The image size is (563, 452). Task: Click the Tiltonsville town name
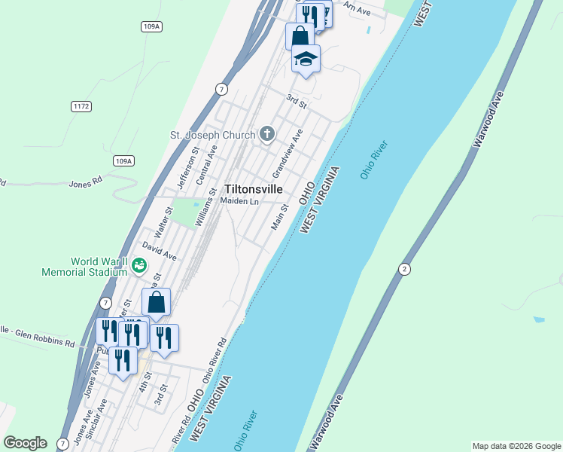[254, 190]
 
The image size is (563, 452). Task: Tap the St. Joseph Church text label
[214, 136]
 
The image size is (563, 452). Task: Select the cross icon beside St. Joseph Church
[266, 135]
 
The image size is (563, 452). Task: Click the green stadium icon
[138, 265]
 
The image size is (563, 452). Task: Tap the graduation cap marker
[306, 58]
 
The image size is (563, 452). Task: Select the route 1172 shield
[81, 106]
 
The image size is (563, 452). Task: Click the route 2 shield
[405, 270]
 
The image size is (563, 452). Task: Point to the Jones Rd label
[84, 183]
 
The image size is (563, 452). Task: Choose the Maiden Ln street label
[239, 201]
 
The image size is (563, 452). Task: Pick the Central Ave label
[205, 166]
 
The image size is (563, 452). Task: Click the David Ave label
[159, 252]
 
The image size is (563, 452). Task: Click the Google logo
[25, 443]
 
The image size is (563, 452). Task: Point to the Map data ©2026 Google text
[516, 446]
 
